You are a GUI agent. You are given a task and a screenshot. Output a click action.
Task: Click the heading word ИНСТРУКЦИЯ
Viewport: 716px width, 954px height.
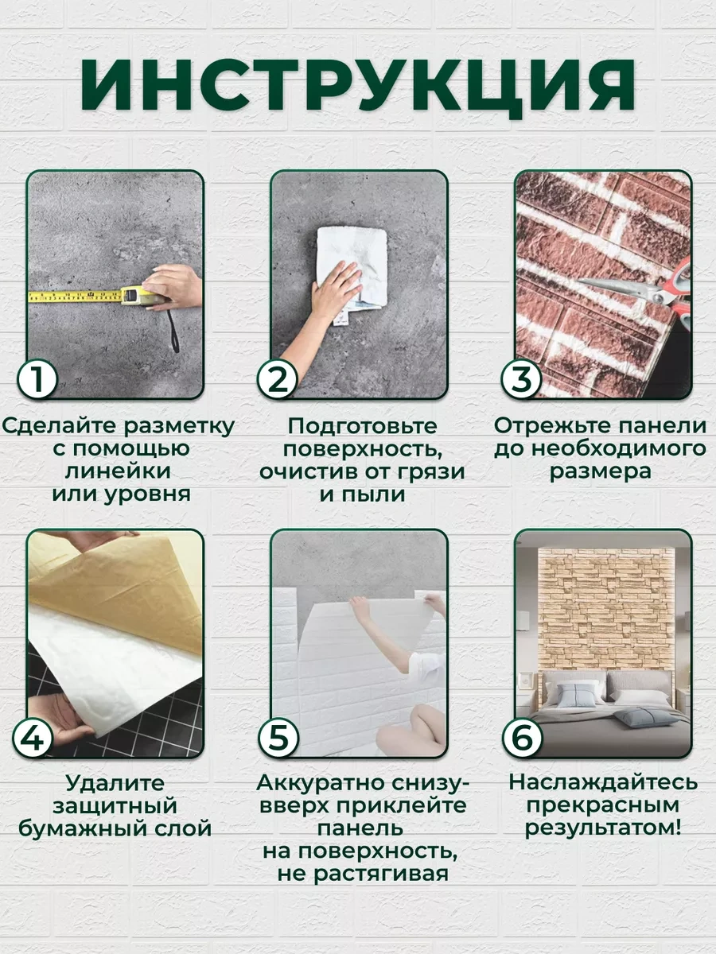(x=357, y=87)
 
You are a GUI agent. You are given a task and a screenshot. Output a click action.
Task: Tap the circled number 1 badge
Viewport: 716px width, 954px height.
(x=37, y=378)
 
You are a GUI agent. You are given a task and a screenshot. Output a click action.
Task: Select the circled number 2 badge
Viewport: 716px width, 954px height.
(x=278, y=378)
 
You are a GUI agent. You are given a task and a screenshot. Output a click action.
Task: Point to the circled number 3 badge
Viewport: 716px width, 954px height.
(x=522, y=378)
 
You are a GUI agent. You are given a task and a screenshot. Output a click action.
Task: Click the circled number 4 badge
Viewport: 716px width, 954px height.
(x=33, y=737)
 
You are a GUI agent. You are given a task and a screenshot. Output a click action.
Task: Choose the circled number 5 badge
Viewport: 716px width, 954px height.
(x=278, y=737)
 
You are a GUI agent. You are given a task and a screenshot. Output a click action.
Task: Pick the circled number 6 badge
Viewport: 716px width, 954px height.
(x=523, y=737)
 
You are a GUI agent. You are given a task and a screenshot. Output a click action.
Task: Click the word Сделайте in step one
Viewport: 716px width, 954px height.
(x=60, y=426)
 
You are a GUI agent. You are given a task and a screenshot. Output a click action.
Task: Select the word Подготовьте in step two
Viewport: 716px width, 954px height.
(x=363, y=426)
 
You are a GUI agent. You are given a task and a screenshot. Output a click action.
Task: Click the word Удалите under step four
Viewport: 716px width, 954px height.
(x=115, y=783)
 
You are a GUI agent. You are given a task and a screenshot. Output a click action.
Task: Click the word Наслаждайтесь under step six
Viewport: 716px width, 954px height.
(x=603, y=782)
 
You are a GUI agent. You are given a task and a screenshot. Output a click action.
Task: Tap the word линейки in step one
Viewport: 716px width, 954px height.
(x=119, y=471)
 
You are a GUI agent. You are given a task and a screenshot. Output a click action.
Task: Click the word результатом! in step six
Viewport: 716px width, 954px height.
(x=602, y=828)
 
